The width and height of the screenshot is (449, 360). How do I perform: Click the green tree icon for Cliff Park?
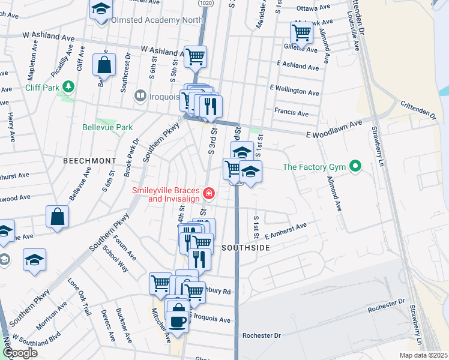tap(69, 87)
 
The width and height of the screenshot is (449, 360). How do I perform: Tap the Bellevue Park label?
tap(107, 127)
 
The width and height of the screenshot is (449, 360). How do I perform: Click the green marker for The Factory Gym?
tap(355, 166)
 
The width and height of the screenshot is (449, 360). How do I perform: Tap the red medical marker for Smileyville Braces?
tap(208, 193)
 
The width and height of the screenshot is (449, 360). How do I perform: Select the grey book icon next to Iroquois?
tap(140, 96)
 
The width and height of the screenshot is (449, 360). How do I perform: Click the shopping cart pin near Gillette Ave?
tap(301, 32)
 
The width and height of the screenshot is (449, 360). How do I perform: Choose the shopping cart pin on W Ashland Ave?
tap(195, 56)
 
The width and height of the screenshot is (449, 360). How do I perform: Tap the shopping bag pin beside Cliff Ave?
tap(104, 65)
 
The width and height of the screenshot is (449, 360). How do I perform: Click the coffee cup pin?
tap(178, 320)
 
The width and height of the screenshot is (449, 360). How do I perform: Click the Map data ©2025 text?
tap(423, 355)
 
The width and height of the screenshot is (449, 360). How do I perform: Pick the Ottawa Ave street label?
tap(314, 8)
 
